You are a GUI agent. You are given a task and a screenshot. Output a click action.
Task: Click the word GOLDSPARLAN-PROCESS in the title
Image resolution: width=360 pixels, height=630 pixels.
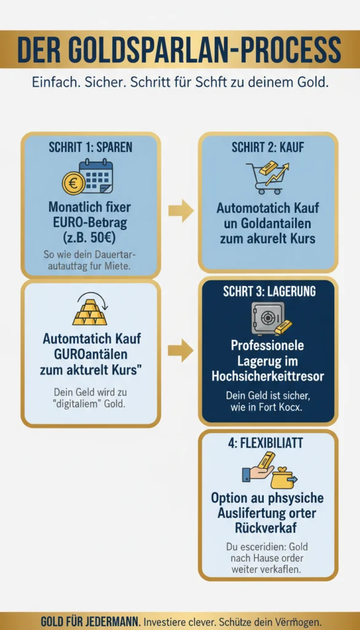(x=209, y=49)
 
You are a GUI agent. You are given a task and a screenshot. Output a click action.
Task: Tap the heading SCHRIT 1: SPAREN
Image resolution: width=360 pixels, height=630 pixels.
(x=90, y=148)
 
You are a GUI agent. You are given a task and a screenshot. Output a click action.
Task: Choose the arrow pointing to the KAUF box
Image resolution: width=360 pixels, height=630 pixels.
(x=180, y=211)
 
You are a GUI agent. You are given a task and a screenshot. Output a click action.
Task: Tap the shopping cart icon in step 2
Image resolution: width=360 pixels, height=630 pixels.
(x=261, y=178)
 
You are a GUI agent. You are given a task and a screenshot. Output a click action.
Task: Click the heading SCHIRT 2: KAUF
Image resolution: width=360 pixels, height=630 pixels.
(x=268, y=148)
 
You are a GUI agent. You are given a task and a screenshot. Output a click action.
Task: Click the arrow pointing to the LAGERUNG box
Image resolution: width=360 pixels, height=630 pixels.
(x=180, y=351)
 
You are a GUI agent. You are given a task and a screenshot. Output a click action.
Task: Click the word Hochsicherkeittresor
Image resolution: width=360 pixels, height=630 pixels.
(x=268, y=376)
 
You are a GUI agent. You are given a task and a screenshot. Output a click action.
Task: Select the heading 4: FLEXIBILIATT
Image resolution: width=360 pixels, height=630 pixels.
(x=268, y=444)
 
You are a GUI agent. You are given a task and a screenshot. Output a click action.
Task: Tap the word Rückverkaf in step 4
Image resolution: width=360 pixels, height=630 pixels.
(x=268, y=527)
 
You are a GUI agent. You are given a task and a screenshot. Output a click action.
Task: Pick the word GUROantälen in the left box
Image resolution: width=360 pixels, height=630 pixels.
(x=90, y=354)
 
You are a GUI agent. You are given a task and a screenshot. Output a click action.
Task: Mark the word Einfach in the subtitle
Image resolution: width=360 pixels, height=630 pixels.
(x=54, y=82)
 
